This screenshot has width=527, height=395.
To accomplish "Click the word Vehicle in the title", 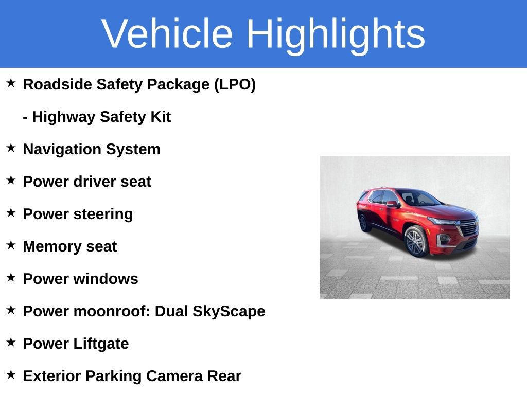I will pos(167,34).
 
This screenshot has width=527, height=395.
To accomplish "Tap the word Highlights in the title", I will pos(336,34).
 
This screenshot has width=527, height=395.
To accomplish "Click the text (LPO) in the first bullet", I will pos(235,84).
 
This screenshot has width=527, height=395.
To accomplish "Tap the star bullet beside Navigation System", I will pos(11,148).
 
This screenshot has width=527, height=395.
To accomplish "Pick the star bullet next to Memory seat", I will pos(11,245).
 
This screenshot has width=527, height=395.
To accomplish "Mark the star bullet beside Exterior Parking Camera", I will pos(11,375).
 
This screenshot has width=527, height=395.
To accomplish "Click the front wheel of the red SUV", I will pos(415,241).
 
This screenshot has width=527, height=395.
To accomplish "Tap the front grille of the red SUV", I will pos(467,227).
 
